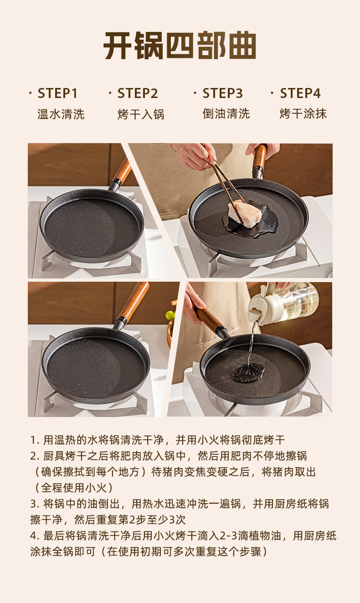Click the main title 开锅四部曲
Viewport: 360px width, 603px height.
pyautogui.click(x=180, y=45)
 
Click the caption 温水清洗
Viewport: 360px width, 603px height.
pyautogui.click(x=61, y=114)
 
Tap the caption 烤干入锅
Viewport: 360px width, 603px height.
pyautogui.click(x=141, y=114)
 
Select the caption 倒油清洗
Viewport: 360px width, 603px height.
pyautogui.click(x=226, y=113)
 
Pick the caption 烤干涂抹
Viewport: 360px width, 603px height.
pyautogui.click(x=303, y=113)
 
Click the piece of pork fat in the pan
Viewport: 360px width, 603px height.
pyautogui.click(x=245, y=215)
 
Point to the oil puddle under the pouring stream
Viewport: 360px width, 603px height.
pyautogui.click(x=248, y=372)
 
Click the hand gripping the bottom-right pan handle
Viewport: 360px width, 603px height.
pyautogui.click(x=194, y=303)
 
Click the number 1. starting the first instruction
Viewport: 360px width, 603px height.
pyautogui.click(x=35, y=440)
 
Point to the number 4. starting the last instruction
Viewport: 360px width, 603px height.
pyautogui.click(x=35, y=536)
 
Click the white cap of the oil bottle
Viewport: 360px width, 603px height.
pyautogui.click(x=260, y=305)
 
